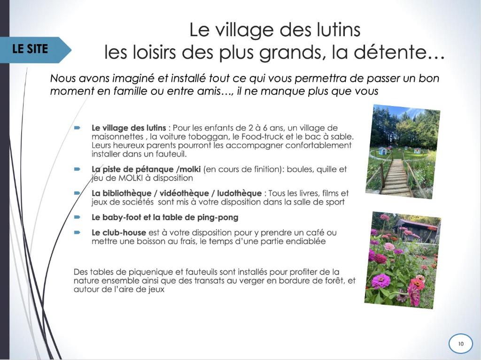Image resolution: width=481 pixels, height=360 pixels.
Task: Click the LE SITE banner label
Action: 30,49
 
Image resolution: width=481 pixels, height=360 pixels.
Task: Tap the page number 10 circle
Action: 461,344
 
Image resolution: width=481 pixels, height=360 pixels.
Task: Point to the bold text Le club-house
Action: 119,232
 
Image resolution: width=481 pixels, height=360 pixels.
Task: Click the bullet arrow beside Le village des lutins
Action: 77,128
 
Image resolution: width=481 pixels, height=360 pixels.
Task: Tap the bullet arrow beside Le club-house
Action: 77,232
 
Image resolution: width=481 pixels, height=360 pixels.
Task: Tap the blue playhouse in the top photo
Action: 383,151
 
